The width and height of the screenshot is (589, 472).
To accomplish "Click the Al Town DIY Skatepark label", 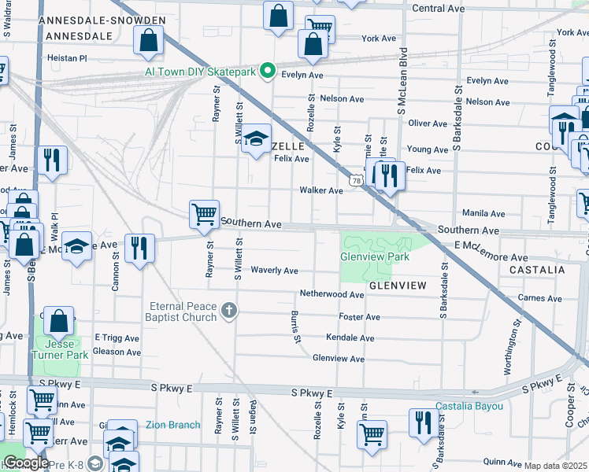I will coord(201,71).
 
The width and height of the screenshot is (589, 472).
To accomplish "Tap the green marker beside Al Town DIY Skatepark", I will coord(267,71).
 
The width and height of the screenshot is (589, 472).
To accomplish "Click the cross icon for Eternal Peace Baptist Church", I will coord(228,311).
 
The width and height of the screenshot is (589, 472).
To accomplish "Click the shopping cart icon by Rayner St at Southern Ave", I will coord(204,214).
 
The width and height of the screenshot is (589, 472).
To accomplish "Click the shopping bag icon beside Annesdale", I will coord(149,40).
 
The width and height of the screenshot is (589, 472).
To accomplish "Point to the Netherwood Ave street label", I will coord(332,294).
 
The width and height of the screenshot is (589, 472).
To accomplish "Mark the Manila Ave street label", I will coord(483,213).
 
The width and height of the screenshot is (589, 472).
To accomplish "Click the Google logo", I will coord(26,462).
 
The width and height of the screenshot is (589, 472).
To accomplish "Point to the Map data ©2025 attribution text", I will coord(556,466).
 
